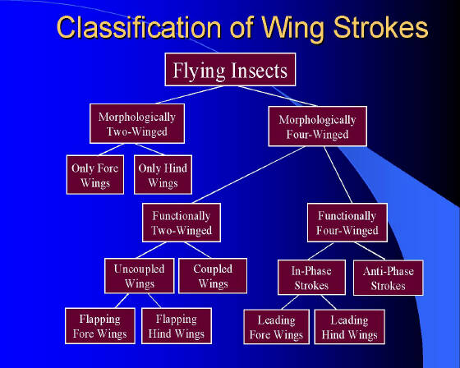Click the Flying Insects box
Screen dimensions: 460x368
[230, 70]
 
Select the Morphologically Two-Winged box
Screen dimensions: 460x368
[137, 123]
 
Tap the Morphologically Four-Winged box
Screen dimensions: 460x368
[317, 126]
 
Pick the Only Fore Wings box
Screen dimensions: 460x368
[95, 175]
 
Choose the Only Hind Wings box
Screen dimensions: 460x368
[163, 175]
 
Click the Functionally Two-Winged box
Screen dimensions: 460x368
[182, 223]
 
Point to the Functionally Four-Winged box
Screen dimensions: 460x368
[347, 223]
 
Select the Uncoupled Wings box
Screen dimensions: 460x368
[140, 276]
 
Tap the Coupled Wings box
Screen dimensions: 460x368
[213, 276]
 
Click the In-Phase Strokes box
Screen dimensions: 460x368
[311, 278]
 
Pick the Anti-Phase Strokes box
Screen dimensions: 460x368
[389, 278]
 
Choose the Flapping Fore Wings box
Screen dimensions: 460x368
[100, 326]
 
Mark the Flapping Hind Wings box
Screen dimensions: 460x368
[177, 326]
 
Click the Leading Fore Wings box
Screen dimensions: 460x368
[276, 327]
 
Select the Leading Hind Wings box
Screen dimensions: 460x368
[349, 327]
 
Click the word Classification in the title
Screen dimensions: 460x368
[139, 28]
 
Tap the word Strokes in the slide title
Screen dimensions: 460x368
[380, 27]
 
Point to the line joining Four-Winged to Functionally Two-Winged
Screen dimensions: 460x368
[248, 175]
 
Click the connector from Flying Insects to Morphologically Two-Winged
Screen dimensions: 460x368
[190, 94]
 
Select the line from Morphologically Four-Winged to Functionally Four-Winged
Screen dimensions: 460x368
[338, 175]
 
